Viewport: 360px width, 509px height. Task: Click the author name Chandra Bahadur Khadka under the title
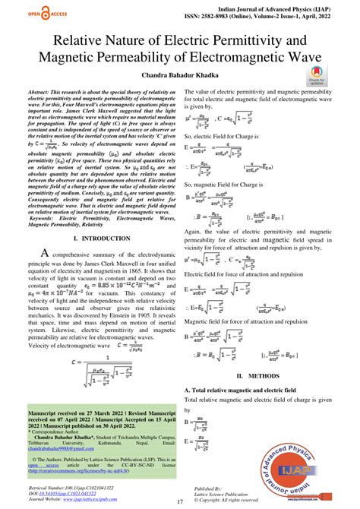coord(179,75)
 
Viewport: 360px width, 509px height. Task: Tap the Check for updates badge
coord(317,77)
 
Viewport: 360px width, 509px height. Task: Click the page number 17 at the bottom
coord(179,501)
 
